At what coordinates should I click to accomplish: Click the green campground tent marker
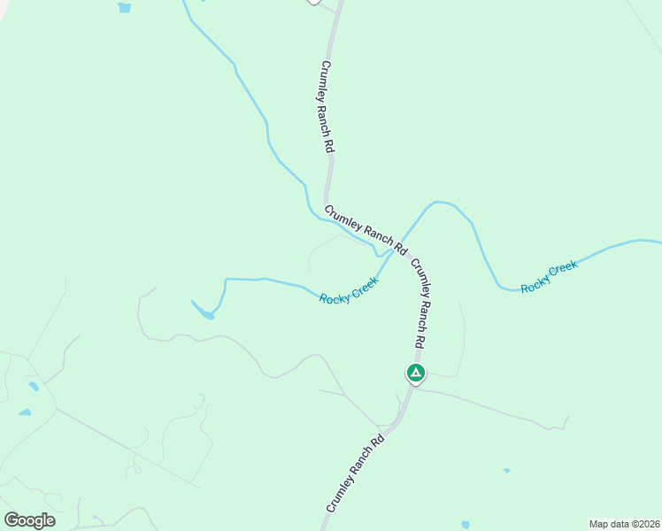[x=415, y=373]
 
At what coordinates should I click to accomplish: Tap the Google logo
[x=29, y=520]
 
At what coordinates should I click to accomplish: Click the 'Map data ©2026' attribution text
[x=625, y=523]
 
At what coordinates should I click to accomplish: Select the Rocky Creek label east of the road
[x=549, y=277]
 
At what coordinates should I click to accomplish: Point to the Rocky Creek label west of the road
[x=349, y=290]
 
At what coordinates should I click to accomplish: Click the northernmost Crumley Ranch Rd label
[x=327, y=108]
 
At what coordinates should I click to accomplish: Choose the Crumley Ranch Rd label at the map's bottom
[x=355, y=473]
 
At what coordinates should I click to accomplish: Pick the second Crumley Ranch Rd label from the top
[x=365, y=230]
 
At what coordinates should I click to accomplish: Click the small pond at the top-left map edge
[x=124, y=8]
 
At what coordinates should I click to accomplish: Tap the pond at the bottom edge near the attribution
[x=466, y=525]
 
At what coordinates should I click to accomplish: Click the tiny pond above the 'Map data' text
[x=506, y=471]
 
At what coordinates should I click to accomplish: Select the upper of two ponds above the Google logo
[x=34, y=387]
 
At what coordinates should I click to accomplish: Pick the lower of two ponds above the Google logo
[x=25, y=412]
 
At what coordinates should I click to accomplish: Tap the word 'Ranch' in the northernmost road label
[x=328, y=113]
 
